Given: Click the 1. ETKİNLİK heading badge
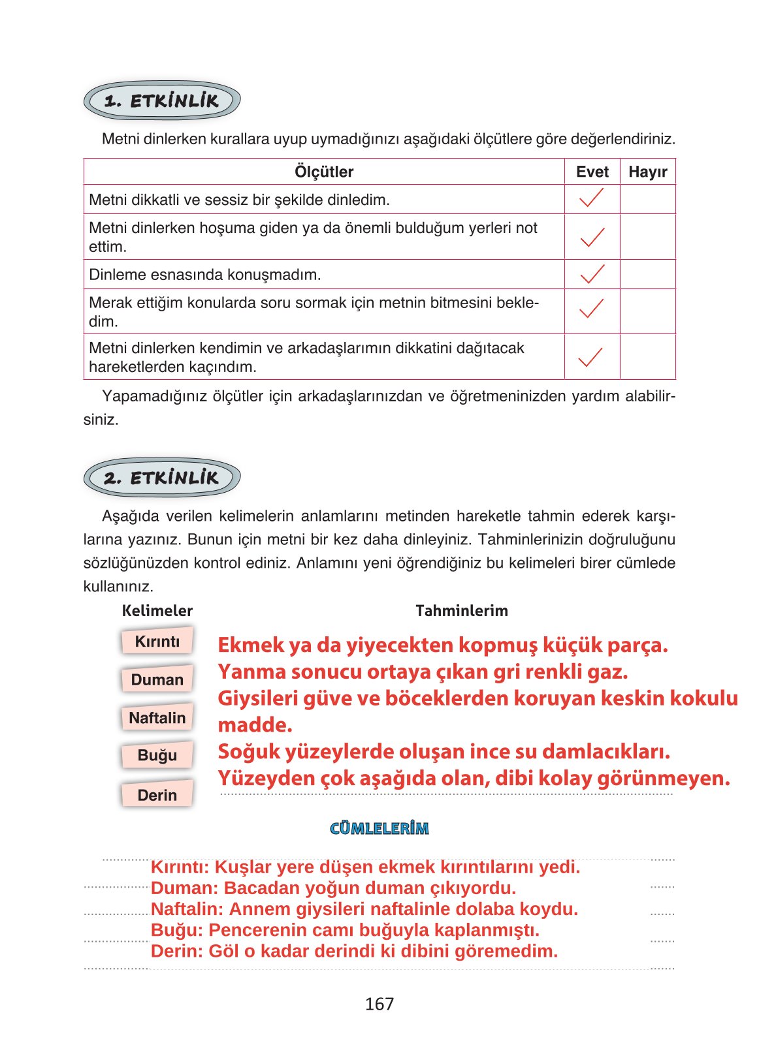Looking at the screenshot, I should click(162, 101).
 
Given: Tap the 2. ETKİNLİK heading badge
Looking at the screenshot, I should click(162, 478).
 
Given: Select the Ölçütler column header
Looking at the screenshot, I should click(324, 172).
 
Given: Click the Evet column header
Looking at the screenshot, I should click(592, 172).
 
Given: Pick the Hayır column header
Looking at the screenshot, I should click(647, 172).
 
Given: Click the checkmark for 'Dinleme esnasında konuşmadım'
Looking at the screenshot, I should click(592, 274).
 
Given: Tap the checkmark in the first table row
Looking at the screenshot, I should click(592, 198).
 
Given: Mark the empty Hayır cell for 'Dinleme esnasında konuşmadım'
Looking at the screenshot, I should click(647, 274).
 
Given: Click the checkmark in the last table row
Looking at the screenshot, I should click(591, 357).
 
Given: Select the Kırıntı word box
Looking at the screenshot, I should click(157, 642).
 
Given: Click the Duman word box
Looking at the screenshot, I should click(157, 679).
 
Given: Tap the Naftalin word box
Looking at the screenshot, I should click(157, 718).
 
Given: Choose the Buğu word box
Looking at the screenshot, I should click(157, 756).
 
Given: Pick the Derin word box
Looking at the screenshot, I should click(157, 795).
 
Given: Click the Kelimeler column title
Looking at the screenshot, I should click(157, 611).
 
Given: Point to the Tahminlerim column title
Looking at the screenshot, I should click(461, 611).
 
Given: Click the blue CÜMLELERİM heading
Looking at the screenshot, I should click(379, 829).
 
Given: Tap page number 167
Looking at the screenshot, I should click(379, 1004).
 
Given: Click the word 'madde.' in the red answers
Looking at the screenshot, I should click(255, 725).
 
